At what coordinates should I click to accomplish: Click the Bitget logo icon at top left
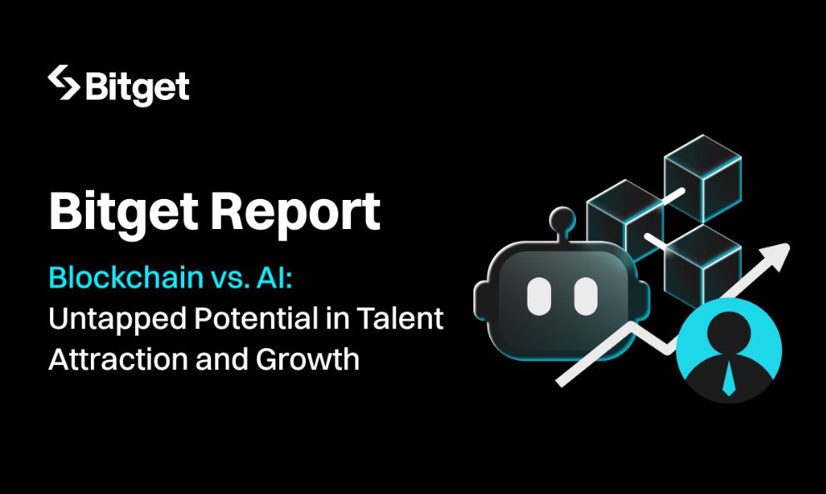(x=63, y=82)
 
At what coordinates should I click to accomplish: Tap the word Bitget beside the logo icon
(x=137, y=88)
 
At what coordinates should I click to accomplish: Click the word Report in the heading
(x=295, y=212)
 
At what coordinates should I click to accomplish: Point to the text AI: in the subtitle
(x=274, y=277)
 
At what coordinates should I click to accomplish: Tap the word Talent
(x=400, y=318)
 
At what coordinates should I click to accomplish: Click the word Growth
(x=307, y=359)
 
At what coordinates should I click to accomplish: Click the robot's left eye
(x=538, y=297)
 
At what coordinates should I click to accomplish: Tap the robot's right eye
(x=585, y=297)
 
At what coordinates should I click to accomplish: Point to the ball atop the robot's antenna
(x=562, y=218)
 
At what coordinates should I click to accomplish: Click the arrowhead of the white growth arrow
(x=776, y=256)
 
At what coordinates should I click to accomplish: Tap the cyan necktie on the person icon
(x=728, y=378)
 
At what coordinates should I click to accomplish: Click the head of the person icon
(x=728, y=333)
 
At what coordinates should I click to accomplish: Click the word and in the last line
(x=221, y=359)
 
